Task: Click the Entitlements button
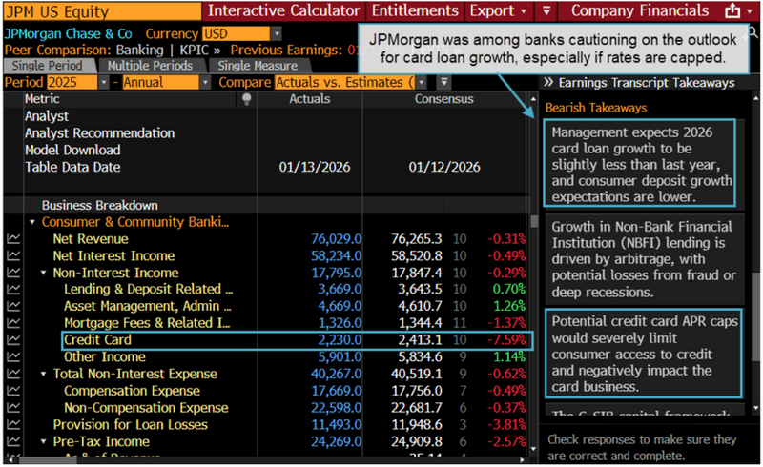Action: point(415,11)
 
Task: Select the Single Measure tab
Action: point(257,66)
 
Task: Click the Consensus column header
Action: point(443,99)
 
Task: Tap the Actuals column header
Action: point(309,99)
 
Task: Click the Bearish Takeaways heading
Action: point(595,108)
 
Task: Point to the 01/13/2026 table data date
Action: point(315,167)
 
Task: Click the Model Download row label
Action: point(72,150)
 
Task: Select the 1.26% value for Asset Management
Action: point(509,306)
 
